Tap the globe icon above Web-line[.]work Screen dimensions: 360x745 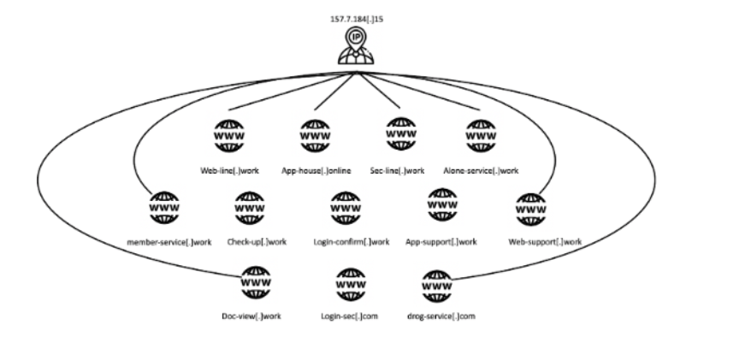tap(229, 136)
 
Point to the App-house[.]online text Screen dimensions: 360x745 tap(316, 170)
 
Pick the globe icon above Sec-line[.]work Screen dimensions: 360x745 tap(399, 134)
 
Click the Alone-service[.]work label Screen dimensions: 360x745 tap(482, 170)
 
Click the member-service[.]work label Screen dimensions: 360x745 tap(169, 242)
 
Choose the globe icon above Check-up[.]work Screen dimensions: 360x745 tap(251, 207)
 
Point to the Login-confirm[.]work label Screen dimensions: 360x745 tap(352, 242)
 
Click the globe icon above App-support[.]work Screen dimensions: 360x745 tap(442, 206)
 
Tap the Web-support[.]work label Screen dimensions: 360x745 tap(545, 242)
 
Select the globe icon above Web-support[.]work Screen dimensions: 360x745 tap(531, 208)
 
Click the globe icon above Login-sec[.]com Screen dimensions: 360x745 tap(350, 283)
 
